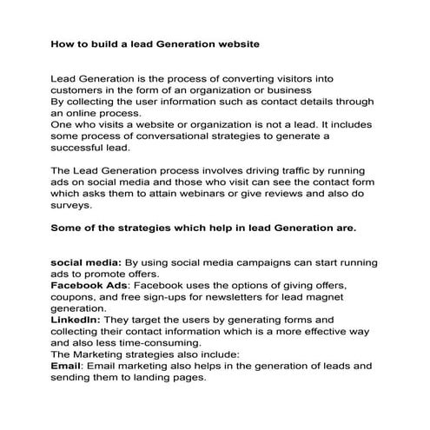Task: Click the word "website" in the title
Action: pos(235,43)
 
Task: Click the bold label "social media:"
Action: pos(87,261)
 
